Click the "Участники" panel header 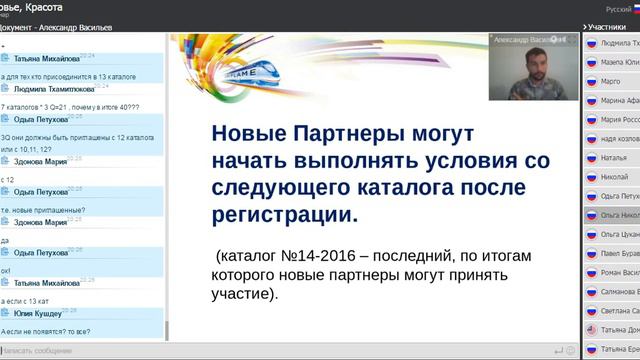pos(609,27)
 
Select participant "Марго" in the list pos(611,82)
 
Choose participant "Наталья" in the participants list pos(614,158)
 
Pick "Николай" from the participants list pos(614,177)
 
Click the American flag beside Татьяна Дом pos(591,329)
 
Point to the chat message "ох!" pos(6,270)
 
